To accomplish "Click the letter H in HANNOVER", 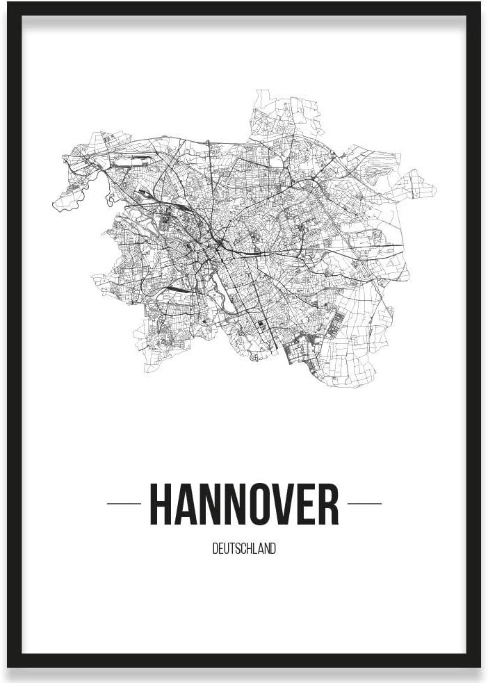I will (x=162, y=504).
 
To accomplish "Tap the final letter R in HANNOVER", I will (x=330, y=504).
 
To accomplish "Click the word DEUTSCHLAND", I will (x=244, y=549).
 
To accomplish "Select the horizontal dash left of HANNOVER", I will (x=124, y=504).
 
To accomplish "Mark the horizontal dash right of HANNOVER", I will (x=364, y=504).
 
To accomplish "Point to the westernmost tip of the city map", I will (x=54, y=205).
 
